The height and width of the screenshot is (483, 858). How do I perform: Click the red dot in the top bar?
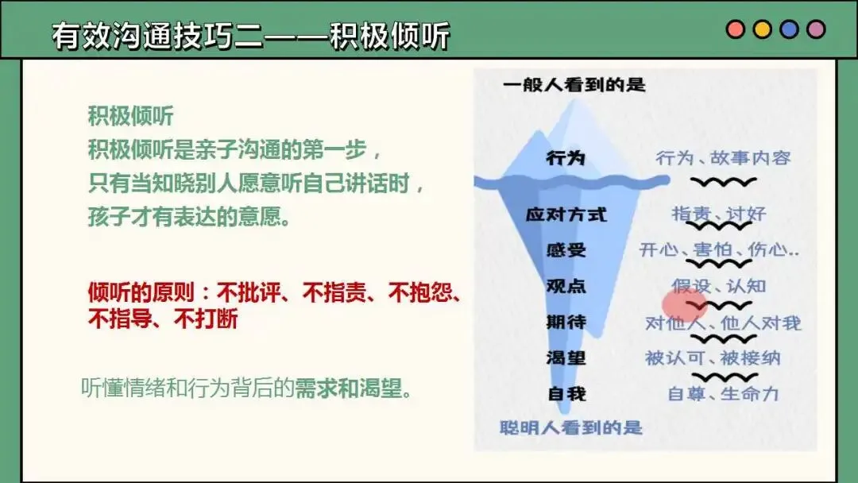click(x=735, y=29)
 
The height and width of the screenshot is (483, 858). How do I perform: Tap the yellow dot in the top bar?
click(x=762, y=29)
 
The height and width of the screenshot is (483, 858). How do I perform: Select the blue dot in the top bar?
click(x=789, y=29)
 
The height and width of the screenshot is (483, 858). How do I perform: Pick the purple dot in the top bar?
click(x=816, y=29)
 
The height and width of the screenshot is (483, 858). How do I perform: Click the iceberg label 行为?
click(x=566, y=158)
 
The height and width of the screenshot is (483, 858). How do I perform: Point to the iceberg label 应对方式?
click(x=566, y=214)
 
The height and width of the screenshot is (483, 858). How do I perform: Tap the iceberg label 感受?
click(x=566, y=250)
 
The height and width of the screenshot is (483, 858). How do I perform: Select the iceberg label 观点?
click(x=566, y=285)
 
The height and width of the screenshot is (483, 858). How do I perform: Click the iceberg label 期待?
click(x=566, y=322)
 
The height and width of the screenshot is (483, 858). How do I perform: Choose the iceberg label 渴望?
click(x=566, y=357)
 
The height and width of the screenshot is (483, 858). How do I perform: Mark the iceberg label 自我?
click(x=566, y=394)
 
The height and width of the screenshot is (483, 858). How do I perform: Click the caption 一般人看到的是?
click(x=574, y=85)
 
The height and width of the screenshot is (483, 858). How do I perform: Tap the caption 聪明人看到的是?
click(x=570, y=427)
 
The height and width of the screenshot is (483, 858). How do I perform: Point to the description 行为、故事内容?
click(x=724, y=158)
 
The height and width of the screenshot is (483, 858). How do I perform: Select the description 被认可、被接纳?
click(x=713, y=358)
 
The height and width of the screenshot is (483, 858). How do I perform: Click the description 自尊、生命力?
click(x=723, y=394)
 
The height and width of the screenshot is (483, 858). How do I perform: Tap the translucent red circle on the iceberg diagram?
click(x=685, y=305)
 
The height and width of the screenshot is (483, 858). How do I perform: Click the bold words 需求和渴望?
click(x=349, y=388)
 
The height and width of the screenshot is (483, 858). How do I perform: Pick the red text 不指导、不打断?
click(x=163, y=319)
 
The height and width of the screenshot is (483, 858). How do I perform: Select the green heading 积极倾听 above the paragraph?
click(x=130, y=116)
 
